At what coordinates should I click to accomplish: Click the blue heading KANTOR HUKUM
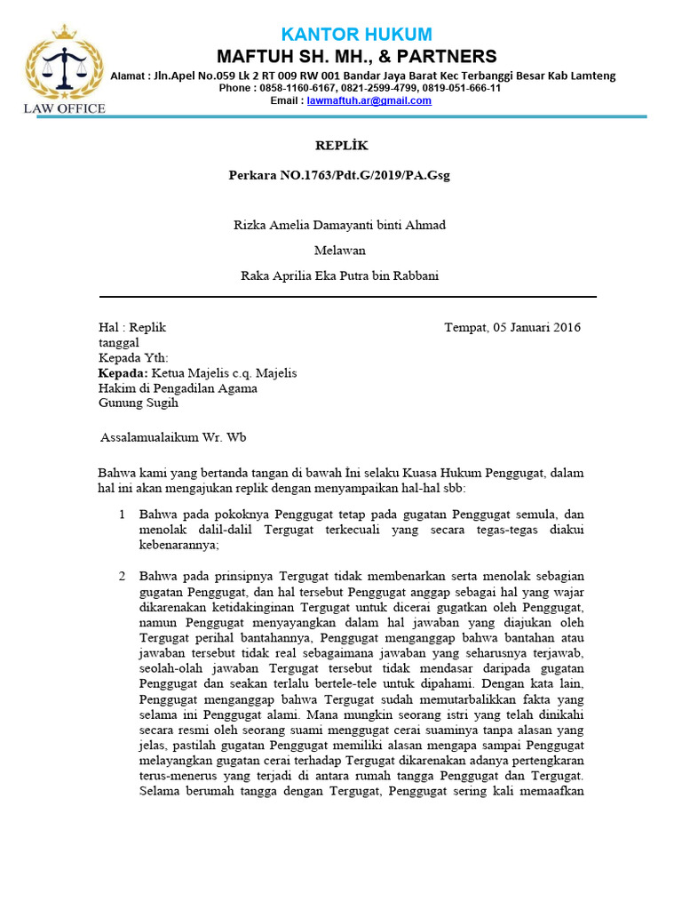point(356,35)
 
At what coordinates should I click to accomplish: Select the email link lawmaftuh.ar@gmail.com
point(369,101)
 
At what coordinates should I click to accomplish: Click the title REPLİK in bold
point(342,145)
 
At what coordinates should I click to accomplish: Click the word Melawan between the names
point(340,251)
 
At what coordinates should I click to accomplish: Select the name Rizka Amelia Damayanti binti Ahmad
point(340,225)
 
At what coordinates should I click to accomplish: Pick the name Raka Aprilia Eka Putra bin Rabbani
point(340,275)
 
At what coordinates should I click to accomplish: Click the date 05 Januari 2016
point(536,327)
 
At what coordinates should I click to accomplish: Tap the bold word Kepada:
point(123,373)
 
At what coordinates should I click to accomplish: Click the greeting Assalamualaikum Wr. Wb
point(172,437)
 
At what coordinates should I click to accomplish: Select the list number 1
point(122,515)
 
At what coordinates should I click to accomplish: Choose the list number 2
point(122,577)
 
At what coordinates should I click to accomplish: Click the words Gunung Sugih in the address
point(138,403)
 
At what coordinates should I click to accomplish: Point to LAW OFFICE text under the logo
point(64,108)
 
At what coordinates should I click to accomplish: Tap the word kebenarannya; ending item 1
point(180,546)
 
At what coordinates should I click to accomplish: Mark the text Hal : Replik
point(131,327)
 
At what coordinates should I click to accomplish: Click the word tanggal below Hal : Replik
point(118,343)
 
